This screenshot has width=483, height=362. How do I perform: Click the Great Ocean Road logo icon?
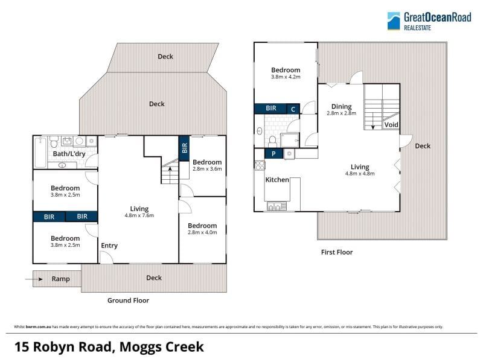pos(394,21)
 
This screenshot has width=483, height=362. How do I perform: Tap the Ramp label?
pos(61,279)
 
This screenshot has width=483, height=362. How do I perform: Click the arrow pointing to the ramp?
pos(34,279)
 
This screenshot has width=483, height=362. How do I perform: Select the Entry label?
pos(109,246)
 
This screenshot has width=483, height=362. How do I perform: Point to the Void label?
pos(391,125)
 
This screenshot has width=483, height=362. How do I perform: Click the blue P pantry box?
pos(273,154)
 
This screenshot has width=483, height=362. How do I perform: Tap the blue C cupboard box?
pos(293,109)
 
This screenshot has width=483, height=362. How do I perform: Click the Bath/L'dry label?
pos(69,154)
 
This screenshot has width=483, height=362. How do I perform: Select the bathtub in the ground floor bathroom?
pos(40,153)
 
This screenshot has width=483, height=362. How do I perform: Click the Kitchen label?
pos(277,180)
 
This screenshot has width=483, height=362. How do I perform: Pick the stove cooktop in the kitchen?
pos(260,165)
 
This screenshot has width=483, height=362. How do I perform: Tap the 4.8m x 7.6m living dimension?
pos(139,215)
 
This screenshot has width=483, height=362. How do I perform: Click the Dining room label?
pos(341,107)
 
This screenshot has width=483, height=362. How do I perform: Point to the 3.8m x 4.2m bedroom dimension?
pos(286,77)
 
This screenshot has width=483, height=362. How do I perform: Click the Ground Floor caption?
pos(128,300)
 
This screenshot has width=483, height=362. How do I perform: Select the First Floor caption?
pos(337,252)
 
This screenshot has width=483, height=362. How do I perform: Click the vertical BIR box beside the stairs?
pos(184,148)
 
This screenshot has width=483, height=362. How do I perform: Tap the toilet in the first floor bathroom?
pos(272,142)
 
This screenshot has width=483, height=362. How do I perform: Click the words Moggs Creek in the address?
pos(161,347)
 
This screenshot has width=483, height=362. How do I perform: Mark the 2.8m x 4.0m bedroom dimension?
pos(202,232)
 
